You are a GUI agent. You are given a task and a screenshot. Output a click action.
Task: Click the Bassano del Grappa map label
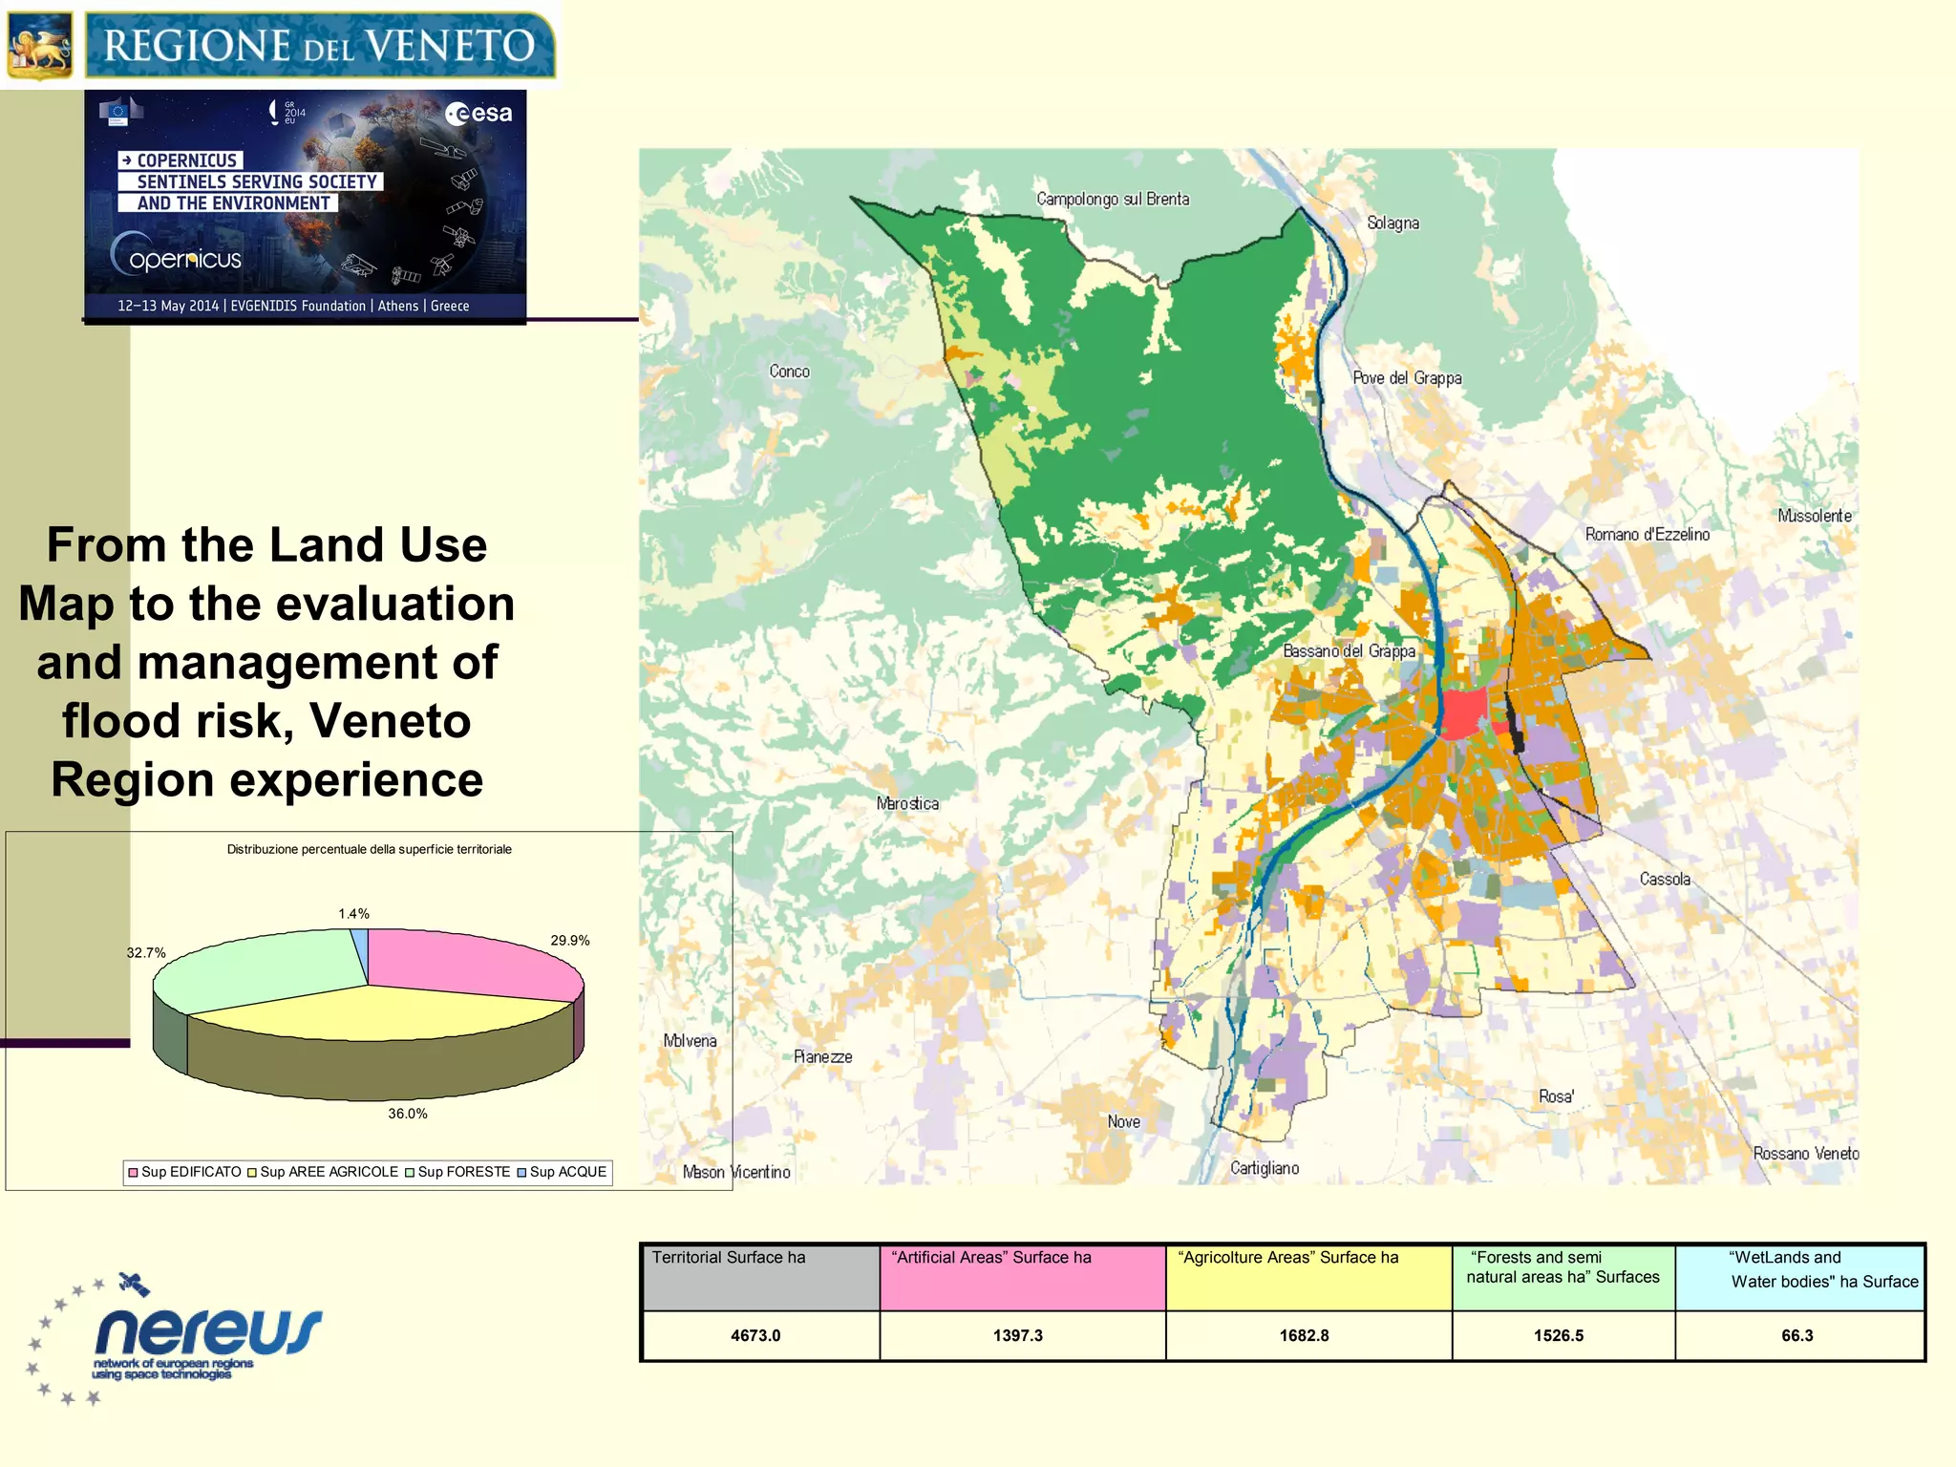(x=1349, y=650)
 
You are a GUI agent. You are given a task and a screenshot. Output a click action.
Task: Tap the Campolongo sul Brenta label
(x=1113, y=199)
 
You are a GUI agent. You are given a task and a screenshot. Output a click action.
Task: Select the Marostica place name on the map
(x=907, y=803)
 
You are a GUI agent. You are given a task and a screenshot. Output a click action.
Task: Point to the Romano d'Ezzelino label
(x=1647, y=534)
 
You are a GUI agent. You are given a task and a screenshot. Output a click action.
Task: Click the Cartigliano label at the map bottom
(x=1264, y=1168)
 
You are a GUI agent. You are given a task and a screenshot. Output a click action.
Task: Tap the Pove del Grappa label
(x=1407, y=377)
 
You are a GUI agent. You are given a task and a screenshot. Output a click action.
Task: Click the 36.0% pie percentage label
(x=408, y=1114)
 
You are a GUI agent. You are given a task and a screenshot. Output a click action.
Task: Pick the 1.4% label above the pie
(x=353, y=914)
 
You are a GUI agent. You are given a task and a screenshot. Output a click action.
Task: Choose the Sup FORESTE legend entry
(x=457, y=1172)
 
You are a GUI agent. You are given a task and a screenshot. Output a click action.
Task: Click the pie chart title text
(x=369, y=849)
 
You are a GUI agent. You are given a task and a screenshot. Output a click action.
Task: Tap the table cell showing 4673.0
(x=755, y=1335)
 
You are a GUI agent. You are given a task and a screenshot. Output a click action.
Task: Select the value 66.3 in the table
(x=1797, y=1335)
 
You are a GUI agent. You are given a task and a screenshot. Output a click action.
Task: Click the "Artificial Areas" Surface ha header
(x=990, y=1258)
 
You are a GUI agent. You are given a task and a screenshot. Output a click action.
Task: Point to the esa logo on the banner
(x=478, y=114)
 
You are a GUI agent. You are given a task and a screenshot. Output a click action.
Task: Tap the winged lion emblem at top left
(x=39, y=45)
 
